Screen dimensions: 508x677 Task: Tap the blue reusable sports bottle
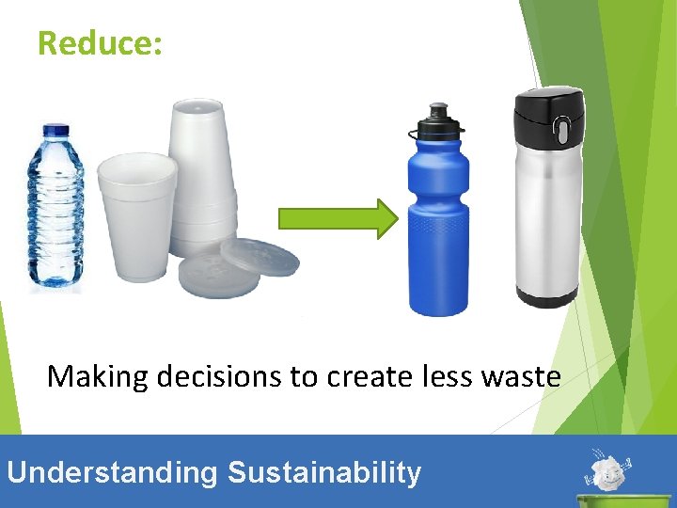[437, 226]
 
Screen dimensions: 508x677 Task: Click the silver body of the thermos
[546, 216]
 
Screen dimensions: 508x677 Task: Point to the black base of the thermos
[546, 298]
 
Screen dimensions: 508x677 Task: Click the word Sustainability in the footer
[324, 471]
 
